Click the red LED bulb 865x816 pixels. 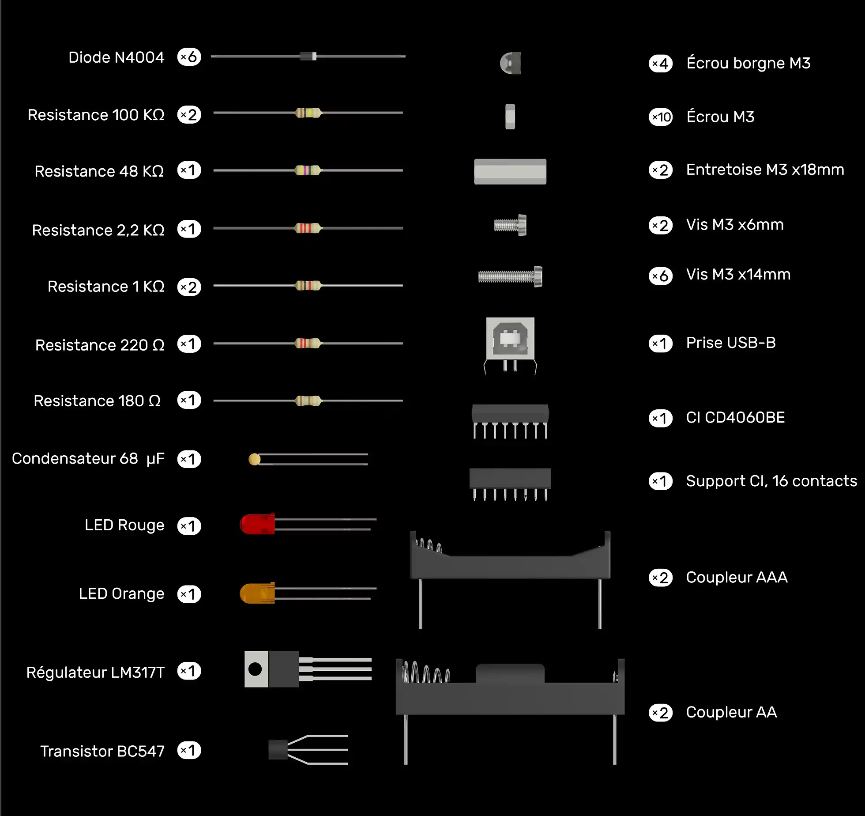[x=257, y=524]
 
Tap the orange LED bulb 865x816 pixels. [x=257, y=593]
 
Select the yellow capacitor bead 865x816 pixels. [x=255, y=459]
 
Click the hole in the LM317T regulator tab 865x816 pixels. [x=255, y=669]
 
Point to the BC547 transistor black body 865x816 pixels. [x=278, y=750]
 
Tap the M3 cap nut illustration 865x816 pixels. [x=511, y=63]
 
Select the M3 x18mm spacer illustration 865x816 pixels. [x=510, y=171]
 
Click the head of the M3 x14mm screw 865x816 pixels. [x=538, y=276]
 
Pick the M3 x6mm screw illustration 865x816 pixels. [x=510, y=225]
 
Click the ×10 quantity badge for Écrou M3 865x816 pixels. [x=661, y=117]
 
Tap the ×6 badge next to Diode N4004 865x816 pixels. [x=189, y=57]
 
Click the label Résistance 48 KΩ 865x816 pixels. [x=99, y=171]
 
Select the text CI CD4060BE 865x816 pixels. [x=736, y=417]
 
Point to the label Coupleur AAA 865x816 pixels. [x=737, y=577]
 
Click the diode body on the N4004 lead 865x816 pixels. [x=308, y=56]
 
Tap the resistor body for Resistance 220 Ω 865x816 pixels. [x=308, y=343]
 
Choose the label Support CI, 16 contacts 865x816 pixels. [x=772, y=481]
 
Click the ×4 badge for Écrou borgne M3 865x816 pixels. [x=661, y=64]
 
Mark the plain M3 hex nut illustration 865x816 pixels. [x=510, y=117]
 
